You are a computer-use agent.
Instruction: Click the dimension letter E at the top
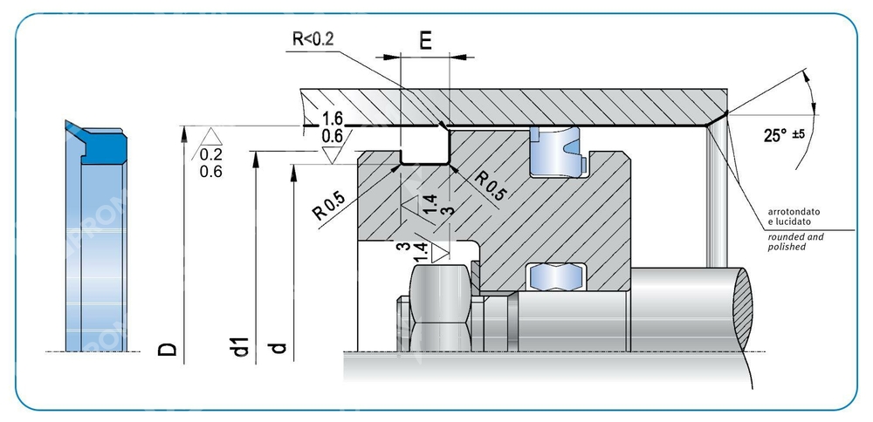pos(425,42)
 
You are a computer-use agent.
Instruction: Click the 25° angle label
pos(774,135)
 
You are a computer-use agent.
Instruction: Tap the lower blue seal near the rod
pos(554,276)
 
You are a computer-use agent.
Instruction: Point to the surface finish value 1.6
pos(332,119)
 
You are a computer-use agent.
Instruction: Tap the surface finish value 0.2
pos(210,155)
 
